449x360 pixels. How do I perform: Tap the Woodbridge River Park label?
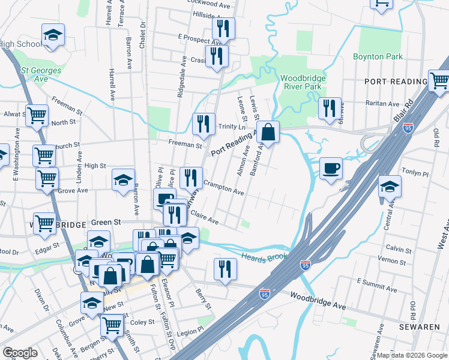(303, 83)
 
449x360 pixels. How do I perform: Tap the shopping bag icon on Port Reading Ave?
(270, 132)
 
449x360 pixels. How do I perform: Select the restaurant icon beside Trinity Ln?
(203, 124)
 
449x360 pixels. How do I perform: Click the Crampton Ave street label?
(223, 188)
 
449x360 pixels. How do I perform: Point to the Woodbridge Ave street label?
(318, 301)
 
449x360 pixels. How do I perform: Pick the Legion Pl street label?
(191, 331)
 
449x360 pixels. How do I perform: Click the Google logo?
(20, 353)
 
